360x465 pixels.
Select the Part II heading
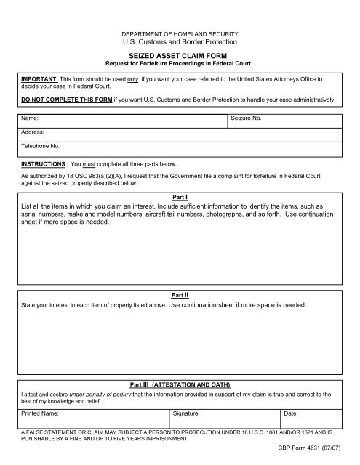180,295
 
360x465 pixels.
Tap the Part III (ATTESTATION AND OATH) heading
180,383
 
